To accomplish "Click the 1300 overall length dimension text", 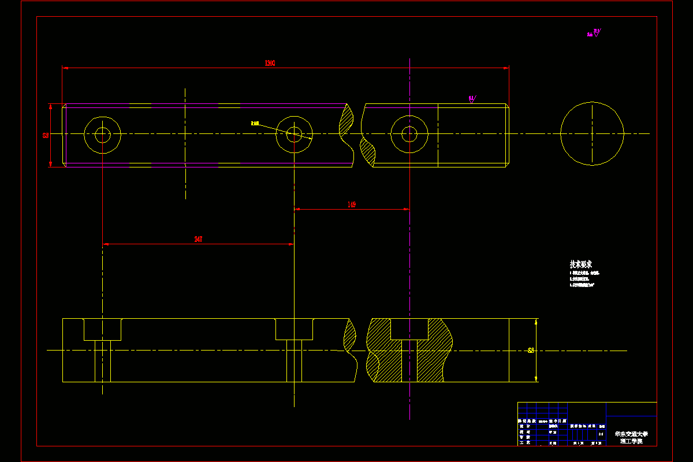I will point(269,63).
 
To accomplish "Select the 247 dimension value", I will point(199,239).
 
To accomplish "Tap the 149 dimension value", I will point(351,204).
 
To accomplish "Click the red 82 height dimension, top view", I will point(46,135).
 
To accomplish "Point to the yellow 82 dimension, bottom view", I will point(531,350).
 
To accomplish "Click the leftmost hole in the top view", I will point(102,135).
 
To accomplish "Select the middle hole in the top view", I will point(294,135).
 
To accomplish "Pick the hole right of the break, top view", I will point(409,134).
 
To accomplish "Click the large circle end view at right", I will point(592,134).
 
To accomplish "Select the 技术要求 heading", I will point(580,264).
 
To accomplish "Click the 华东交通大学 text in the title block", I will point(631,433).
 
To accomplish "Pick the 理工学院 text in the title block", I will point(631,441).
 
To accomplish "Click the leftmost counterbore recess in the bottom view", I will point(102,329).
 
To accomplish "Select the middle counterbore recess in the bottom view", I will point(294,329).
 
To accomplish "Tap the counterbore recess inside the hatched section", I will point(409,329).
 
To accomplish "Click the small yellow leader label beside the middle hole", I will point(255,123).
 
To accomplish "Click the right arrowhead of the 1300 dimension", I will point(506,68).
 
